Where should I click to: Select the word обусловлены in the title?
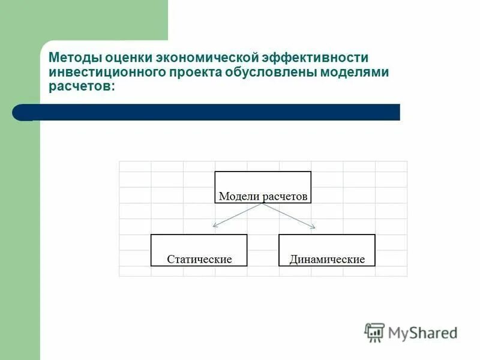[269, 72]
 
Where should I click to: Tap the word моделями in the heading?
[352, 72]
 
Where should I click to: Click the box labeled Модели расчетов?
[263, 187]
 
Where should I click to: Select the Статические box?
[199, 250]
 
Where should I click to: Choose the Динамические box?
[327, 250]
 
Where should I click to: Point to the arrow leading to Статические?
[238, 215]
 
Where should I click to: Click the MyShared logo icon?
[374, 332]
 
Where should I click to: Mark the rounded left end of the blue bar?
[20, 112]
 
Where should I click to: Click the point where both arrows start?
[263, 204]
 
